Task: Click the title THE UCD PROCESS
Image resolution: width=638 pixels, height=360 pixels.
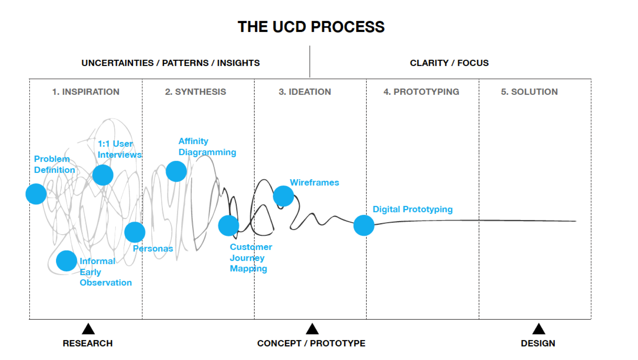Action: coord(311,27)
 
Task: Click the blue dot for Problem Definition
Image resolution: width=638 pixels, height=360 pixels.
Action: coord(36,194)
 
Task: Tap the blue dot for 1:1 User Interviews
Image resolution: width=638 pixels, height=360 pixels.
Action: coord(103,175)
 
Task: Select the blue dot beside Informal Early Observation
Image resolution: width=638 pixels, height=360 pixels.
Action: coord(67,261)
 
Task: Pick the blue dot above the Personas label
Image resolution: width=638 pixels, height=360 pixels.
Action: coord(135,232)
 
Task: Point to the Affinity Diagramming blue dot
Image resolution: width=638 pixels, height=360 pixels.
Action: coord(176,171)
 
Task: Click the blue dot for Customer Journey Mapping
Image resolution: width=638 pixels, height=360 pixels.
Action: coord(228,226)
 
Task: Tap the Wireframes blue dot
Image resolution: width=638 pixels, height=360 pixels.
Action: coord(283,196)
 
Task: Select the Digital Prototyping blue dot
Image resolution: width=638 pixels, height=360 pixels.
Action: coord(364,225)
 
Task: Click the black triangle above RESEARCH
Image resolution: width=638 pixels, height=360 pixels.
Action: coord(88,329)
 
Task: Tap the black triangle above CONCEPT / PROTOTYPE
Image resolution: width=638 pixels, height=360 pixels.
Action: coord(312,329)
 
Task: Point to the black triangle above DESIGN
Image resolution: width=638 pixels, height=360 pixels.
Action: coord(539,329)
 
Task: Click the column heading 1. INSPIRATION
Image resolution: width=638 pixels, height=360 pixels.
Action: coord(86,92)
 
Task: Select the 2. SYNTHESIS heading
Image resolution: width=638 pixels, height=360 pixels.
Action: coord(195,92)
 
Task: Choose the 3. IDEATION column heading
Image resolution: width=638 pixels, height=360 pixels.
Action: coord(305,92)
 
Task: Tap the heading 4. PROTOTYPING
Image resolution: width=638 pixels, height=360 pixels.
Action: coord(421,92)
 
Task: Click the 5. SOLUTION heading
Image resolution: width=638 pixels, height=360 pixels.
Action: coord(530,92)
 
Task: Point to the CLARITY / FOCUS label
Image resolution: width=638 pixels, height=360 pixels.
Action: coord(449,63)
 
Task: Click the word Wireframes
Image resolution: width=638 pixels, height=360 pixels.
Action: coord(314,182)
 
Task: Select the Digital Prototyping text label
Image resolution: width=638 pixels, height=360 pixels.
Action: coord(413,209)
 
